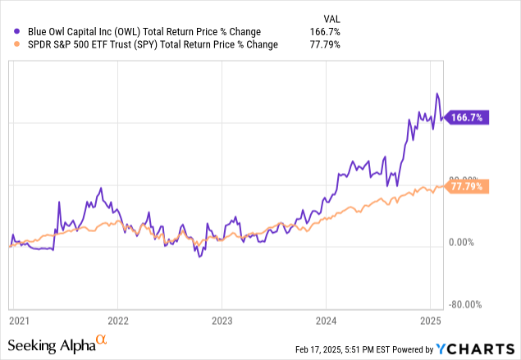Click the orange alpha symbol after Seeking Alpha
pos(101,342)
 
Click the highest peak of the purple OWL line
pos(437,93)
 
